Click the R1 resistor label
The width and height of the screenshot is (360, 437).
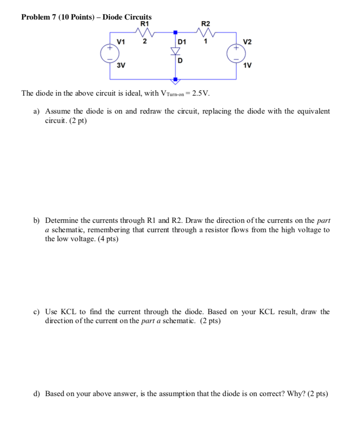(144, 23)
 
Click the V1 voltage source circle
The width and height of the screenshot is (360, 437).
(110, 53)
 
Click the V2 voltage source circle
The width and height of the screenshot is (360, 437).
(237, 53)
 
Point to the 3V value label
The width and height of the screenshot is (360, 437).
(121, 65)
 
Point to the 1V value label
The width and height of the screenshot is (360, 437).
(247, 65)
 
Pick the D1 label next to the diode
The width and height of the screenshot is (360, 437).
(182, 41)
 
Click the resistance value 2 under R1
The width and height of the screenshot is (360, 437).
(144, 41)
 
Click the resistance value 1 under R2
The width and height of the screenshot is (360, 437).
(205, 41)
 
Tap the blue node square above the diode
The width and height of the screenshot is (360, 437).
(175, 32)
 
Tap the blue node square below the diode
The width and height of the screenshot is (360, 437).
(175, 80)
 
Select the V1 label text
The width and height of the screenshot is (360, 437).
(121, 41)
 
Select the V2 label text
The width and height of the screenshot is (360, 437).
(247, 41)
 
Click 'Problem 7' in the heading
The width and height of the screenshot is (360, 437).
(38, 17)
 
